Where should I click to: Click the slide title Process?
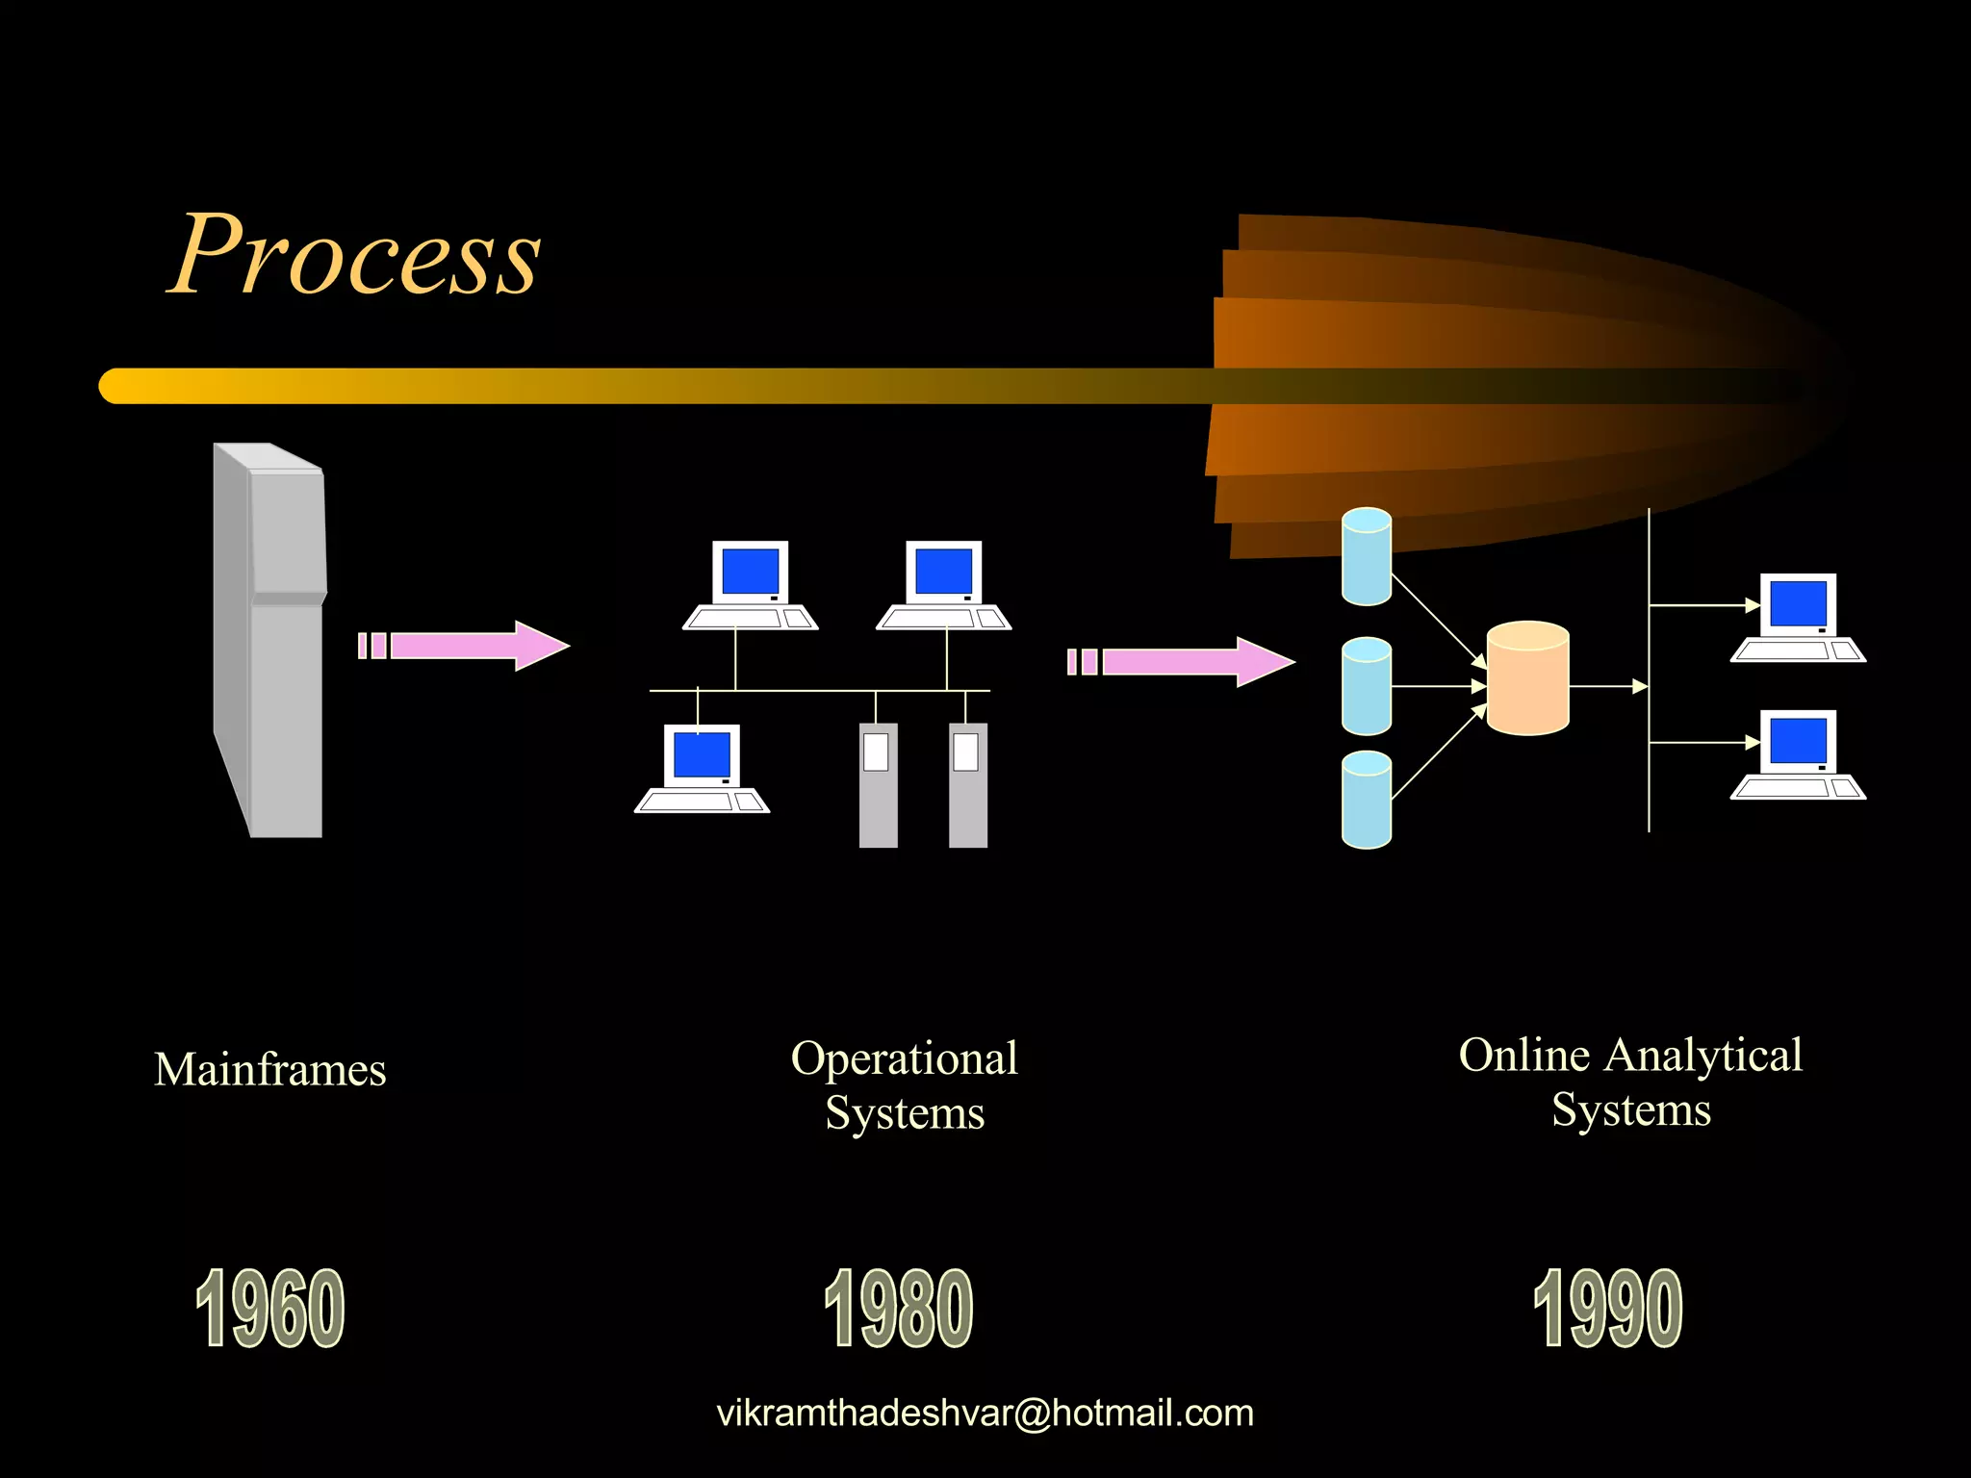(x=354, y=255)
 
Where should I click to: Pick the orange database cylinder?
(x=1527, y=678)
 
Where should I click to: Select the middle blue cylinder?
(x=1366, y=686)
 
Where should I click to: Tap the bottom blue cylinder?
(x=1366, y=801)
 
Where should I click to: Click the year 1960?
(x=270, y=1309)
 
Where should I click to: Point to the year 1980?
(x=899, y=1309)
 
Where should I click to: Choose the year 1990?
(x=1608, y=1309)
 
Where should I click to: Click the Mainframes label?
(x=270, y=1070)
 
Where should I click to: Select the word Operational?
(x=905, y=1058)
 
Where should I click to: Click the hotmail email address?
(x=985, y=1414)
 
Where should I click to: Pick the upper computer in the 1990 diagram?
(x=1798, y=618)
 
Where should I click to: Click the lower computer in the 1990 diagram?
(x=1798, y=754)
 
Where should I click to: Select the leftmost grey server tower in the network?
(x=878, y=785)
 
